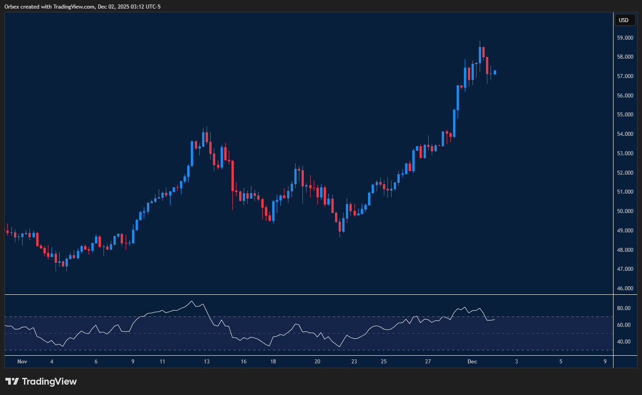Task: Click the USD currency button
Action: tap(624, 20)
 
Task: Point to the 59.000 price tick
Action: tap(625, 38)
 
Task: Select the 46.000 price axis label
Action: tap(625, 288)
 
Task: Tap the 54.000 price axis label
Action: tap(625, 134)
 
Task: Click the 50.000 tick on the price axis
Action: tap(625, 211)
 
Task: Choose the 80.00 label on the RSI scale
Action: tap(624, 308)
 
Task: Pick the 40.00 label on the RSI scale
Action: tap(624, 342)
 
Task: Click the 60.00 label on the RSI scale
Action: tap(624, 325)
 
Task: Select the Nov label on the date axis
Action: tap(22, 362)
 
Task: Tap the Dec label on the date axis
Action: tap(472, 362)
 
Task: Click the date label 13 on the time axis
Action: tap(207, 362)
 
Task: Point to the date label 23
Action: tap(354, 362)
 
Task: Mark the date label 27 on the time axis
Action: tap(428, 362)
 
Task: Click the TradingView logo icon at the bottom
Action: tap(12, 381)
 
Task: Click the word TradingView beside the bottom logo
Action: tap(49, 381)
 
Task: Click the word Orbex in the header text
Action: tap(12, 7)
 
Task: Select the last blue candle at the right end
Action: tap(495, 72)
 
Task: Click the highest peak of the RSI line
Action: tap(192, 301)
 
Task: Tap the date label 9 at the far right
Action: tap(605, 362)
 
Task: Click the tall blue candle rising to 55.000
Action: tap(454, 123)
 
